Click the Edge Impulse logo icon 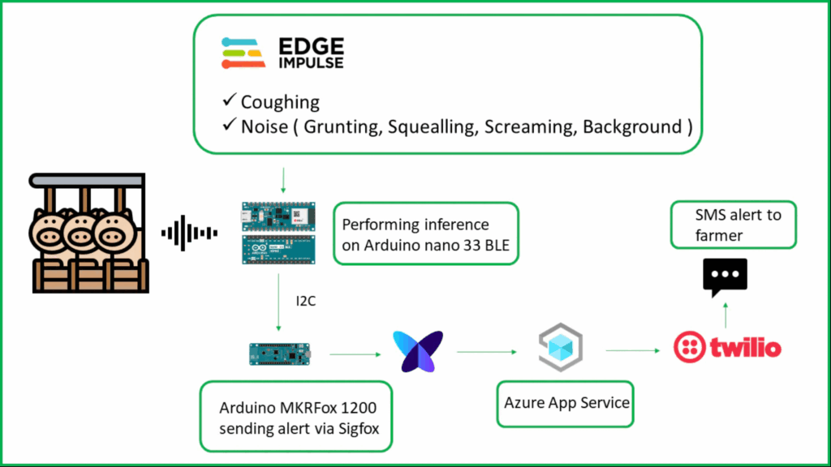[243, 53]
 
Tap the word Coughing [280, 101]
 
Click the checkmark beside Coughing [230, 99]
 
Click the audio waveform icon [189, 233]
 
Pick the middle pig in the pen [80, 232]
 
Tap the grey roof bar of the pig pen [87, 181]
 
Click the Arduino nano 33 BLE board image [278, 233]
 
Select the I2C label [305, 301]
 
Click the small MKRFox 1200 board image [280, 353]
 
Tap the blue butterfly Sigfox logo [418, 351]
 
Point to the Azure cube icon [561, 347]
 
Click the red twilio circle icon [690, 347]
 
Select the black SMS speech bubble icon [725, 277]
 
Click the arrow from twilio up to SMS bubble [726, 315]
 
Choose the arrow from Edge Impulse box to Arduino [283, 180]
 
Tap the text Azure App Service [566, 402]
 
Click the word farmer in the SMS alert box [719, 235]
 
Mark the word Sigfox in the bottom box [359, 428]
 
